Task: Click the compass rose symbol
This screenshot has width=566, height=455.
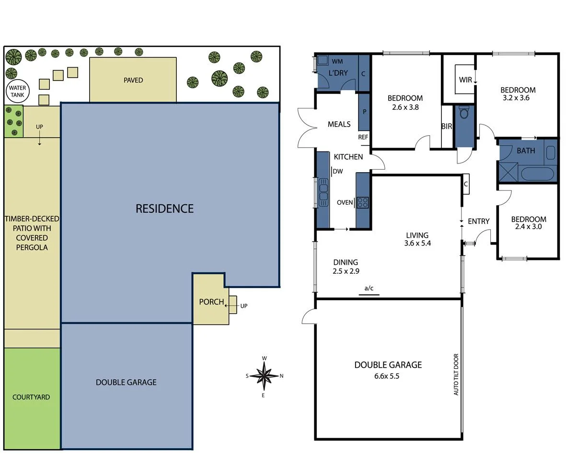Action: tap(264, 375)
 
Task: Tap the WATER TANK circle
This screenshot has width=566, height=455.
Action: tap(17, 91)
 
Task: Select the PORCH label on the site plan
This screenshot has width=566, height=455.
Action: tap(211, 302)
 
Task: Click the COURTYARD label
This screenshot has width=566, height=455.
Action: tap(31, 397)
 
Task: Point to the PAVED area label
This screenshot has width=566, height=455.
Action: tap(133, 80)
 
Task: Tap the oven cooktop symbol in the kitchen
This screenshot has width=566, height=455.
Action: tap(362, 202)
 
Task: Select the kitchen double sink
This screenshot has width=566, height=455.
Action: tap(323, 192)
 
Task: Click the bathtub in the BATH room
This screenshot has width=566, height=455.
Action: tap(538, 173)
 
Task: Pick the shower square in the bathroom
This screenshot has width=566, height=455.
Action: tap(508, 171)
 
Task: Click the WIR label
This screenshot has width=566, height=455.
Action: tap(465, 80)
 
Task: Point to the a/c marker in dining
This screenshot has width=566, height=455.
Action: tap(369, 288)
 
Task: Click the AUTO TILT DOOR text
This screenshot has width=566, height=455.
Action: tap(456, 374)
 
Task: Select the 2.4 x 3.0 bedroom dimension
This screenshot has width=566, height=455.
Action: tap(528, 227)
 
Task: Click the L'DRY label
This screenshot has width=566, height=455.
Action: tap(338, 73)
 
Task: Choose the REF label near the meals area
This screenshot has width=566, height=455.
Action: tap(363, 137)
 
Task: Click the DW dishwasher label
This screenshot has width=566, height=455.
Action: tap(338, 171)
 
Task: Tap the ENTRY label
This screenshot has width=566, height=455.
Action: tap(478, 221)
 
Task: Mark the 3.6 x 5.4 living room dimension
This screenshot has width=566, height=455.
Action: tap(417, 243)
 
